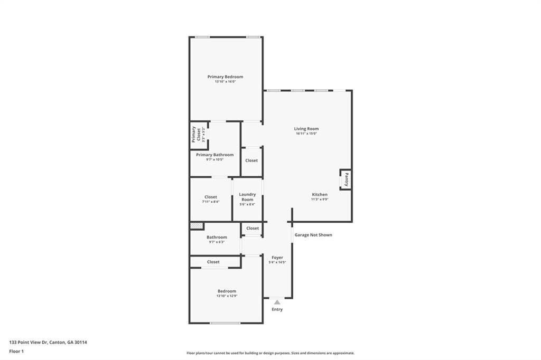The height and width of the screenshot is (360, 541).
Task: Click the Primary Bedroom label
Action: [225, 77]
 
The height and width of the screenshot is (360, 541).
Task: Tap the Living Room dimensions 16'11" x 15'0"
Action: [306, 134]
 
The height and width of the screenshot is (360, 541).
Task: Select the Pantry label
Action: [347, 179]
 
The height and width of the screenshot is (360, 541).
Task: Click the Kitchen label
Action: [320, 194]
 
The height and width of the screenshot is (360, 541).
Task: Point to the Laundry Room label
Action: [247, 197]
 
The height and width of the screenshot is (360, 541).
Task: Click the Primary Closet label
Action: [196, 135]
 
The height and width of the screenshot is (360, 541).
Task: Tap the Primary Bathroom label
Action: [214, 155]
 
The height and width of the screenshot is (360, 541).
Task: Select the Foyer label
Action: [277, 258]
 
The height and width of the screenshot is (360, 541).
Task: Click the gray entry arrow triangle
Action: [277, 302]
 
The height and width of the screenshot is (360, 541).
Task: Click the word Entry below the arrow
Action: [277, 309]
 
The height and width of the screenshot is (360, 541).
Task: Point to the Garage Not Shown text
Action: [313, 235]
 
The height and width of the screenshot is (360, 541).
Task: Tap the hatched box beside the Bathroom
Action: [197, 226]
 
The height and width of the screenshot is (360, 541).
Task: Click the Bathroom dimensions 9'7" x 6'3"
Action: [217, 242]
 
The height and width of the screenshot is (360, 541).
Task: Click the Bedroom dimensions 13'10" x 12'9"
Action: [227, 296]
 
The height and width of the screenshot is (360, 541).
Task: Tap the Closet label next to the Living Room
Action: [251, 160]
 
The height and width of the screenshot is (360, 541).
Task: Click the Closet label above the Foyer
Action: [252, 228]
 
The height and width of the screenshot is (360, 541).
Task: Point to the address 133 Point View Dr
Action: [29, 343]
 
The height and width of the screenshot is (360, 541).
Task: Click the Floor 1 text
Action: [16, 352]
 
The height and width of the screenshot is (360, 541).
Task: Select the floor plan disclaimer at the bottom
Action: [270, 353]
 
